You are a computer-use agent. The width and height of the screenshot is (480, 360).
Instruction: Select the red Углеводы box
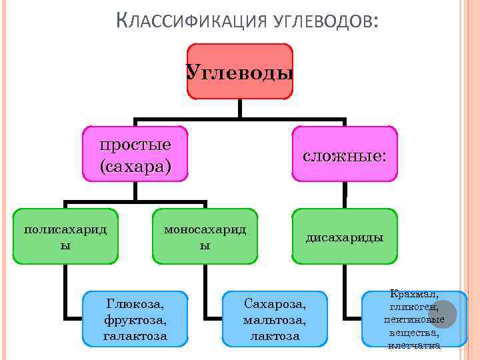[x=240, y=71]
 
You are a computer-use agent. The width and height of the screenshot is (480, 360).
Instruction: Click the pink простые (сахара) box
[x=135, y=154]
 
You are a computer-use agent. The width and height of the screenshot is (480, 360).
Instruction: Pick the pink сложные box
[x=344, y=156]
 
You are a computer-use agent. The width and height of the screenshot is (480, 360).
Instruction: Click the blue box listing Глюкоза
[x=135, y=319]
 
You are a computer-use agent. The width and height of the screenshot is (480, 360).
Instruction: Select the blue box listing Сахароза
[x=275, y=319]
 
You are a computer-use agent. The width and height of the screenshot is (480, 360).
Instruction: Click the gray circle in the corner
[x=442, y=314]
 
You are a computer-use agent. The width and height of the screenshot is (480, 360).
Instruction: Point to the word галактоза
[x=135, y=335]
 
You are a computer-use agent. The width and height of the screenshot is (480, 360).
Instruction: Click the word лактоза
[x=275, y=335]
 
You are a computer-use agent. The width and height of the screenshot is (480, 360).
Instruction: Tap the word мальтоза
[x=275, y=319]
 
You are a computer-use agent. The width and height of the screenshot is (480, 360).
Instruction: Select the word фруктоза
[x=135, y=319]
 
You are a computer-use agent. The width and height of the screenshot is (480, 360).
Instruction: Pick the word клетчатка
[x=415, y=345]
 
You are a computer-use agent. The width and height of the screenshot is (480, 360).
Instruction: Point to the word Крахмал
[x=415, y=294]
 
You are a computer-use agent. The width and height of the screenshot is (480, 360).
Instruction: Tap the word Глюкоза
[x=135, y=303]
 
